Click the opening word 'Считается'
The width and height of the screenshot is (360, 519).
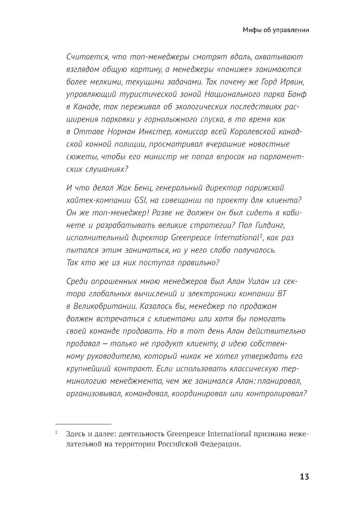87,57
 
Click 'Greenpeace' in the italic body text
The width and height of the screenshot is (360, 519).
191,238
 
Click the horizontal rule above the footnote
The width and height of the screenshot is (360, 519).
83,424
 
